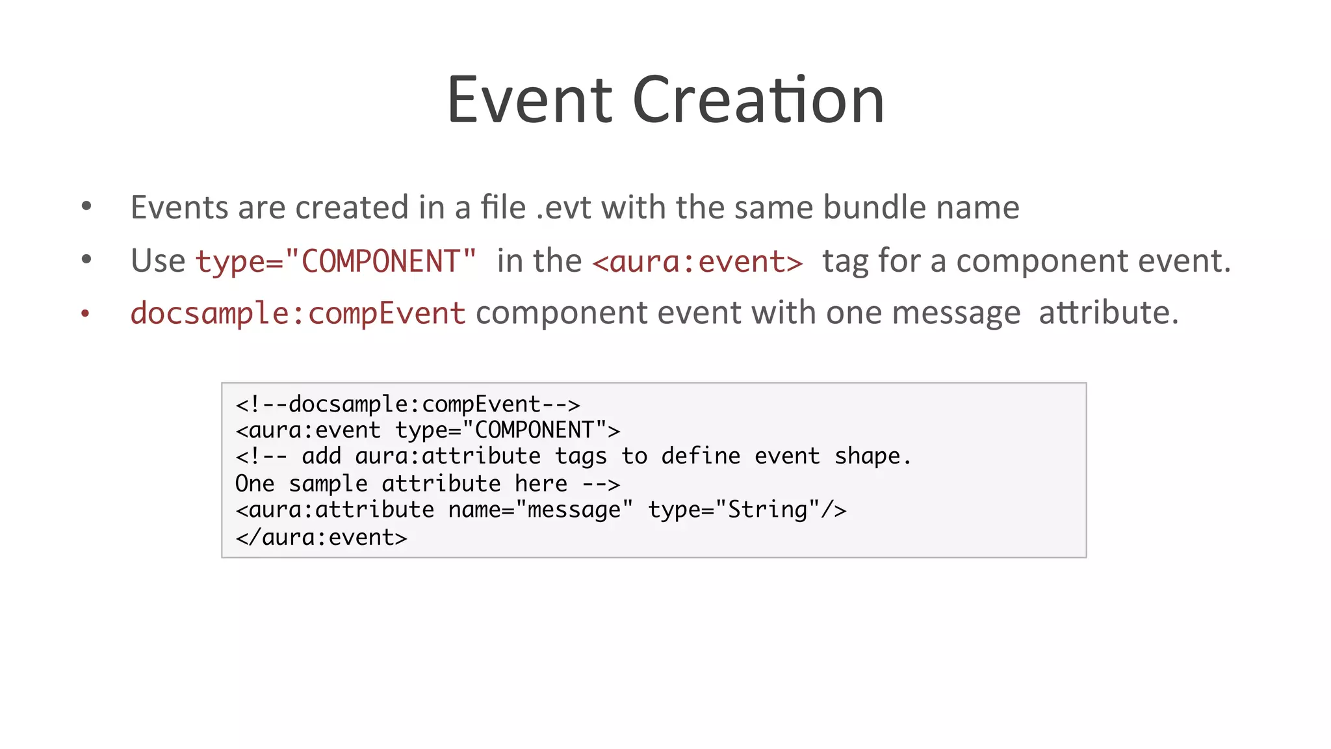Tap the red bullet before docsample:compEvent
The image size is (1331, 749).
[x=85, y=314]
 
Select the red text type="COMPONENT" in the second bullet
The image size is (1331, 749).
[x=336, y=261]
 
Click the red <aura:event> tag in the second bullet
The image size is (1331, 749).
[x=697, y=261]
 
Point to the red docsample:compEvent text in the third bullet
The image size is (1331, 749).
[x=298, y=313]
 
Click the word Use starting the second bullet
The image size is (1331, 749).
[x=158, y=261]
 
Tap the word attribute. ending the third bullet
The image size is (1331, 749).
[x=1108, y=313]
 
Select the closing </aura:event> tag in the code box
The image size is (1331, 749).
[x=321, y=537]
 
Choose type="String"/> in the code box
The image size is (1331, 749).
[x=747, y=510]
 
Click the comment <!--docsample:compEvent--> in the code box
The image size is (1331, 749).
[x=407, y=404]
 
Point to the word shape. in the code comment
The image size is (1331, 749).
[x=873, y=456]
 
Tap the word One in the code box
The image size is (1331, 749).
[x=255, y=484]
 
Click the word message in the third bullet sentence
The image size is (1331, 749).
[x=956, y=313]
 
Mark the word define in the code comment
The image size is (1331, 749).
[x=701, y=456]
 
